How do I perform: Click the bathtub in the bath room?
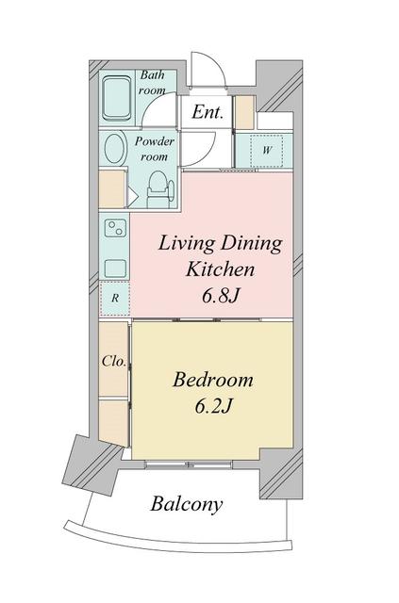coord(117,98)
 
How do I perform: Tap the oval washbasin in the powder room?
coord(115,148)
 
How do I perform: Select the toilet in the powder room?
coord(158,188)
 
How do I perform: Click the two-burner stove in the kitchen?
coord(115,228)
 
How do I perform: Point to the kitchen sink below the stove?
coord(115,269)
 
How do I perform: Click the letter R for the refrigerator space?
coord(115,298)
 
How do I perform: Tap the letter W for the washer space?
coord(267,150)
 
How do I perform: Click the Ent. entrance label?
coord(208,112)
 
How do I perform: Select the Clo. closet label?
coord(114,361)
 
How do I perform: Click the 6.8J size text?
coord(221,296)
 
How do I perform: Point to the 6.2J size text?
coord(213,405)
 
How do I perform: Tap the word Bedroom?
coord(213,380)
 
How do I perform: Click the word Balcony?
coord(187,504)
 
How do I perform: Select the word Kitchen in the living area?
coord(221,269)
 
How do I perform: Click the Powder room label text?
coord(154,149)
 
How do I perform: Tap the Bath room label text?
coord(152,82)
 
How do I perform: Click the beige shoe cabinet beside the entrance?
coord(244,112)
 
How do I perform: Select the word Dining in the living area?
coord(252,244)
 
